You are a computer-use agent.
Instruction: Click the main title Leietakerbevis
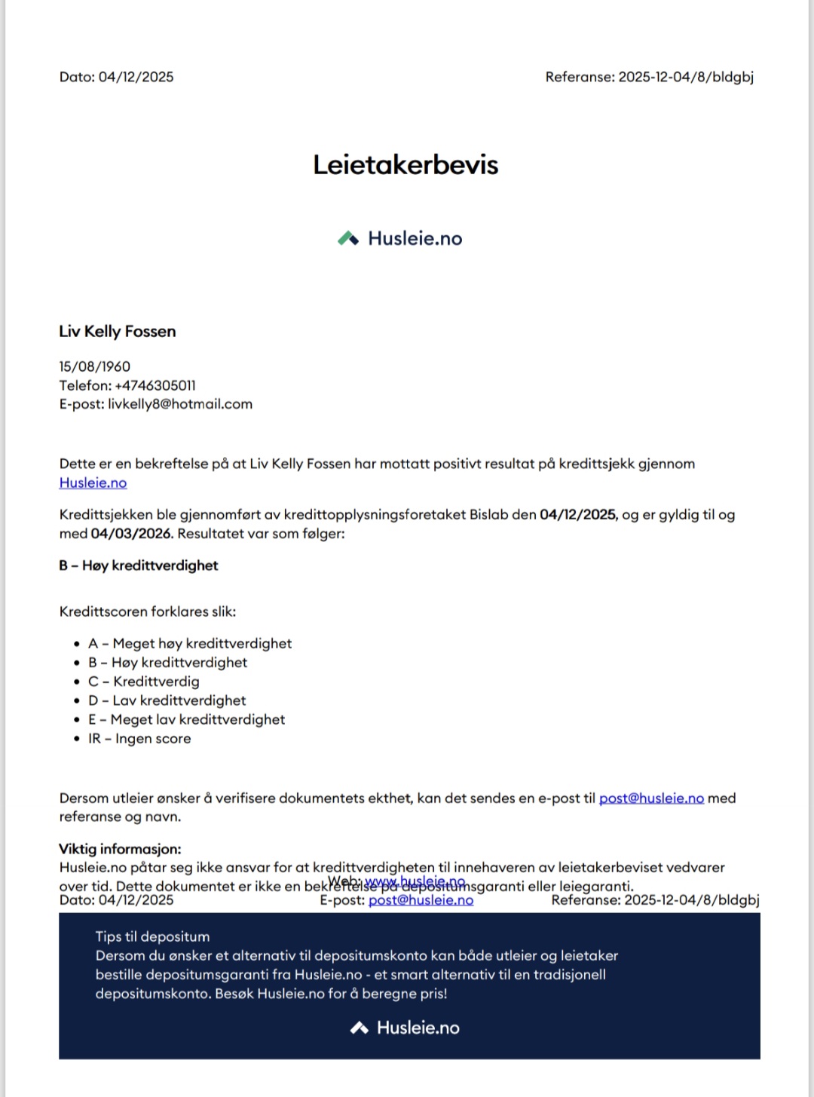(x=405, y=165)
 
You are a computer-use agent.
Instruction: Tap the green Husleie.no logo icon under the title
(x=348, y=238)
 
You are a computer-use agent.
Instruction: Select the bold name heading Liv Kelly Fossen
(x=118, y=332)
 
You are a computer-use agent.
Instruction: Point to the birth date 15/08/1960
(x=95, y=366)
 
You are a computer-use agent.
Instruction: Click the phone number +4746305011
(x=155, y=385)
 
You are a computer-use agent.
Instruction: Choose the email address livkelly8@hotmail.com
(x=180, y=404)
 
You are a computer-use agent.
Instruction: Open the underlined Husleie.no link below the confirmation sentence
(x=93, y=483)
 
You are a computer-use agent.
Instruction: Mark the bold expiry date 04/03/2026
(x=131, y=534)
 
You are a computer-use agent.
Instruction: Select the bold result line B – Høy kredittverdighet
(x=139, y=565)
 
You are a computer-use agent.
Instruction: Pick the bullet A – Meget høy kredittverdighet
(x=190, y=644)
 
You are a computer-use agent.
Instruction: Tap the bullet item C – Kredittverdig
(x=144, y=682)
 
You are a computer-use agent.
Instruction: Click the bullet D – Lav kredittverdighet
(x=167, y=700)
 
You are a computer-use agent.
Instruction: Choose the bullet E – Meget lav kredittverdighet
(x=187, y=720)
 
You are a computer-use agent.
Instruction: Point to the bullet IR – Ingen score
(x=139, y=739)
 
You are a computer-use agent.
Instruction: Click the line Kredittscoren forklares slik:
(x=148, y=611)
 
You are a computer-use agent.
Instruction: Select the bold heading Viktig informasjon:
(x=120, y=849)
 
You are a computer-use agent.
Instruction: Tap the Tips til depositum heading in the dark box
(x=152, y=936)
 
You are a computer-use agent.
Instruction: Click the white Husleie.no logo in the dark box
(x=405, y=1028)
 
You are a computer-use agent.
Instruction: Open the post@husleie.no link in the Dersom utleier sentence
(x=651, y=798)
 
